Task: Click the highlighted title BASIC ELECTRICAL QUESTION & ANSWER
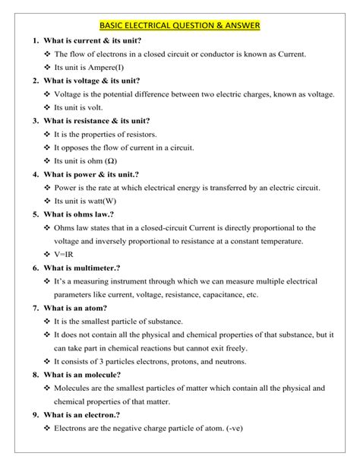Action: [179, 25]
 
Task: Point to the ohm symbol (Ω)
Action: [111, 160]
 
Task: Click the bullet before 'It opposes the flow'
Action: [47, 147]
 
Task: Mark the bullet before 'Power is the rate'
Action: [47, 188]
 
